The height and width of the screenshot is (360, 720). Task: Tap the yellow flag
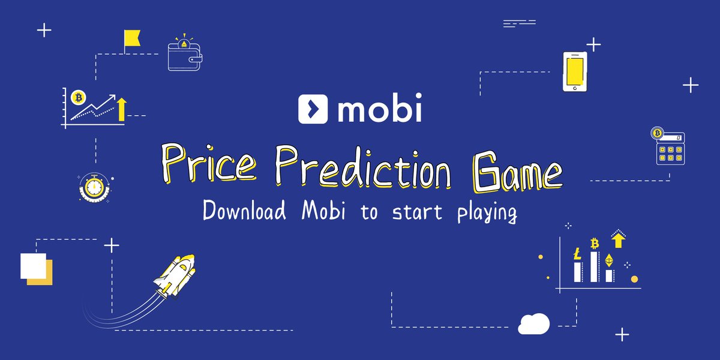[x=131, y=38]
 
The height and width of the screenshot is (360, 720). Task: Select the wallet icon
[x=185, y=57]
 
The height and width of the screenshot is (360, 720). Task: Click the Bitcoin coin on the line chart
[x=77, y=97]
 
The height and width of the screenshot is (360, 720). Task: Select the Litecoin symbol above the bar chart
[x=577, y=254]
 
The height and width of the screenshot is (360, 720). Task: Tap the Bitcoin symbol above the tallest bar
[x=595, y=244]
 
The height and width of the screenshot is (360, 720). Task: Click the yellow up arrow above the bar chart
[x=618, y=239]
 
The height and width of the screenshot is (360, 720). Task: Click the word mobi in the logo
[x=379, y=109]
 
